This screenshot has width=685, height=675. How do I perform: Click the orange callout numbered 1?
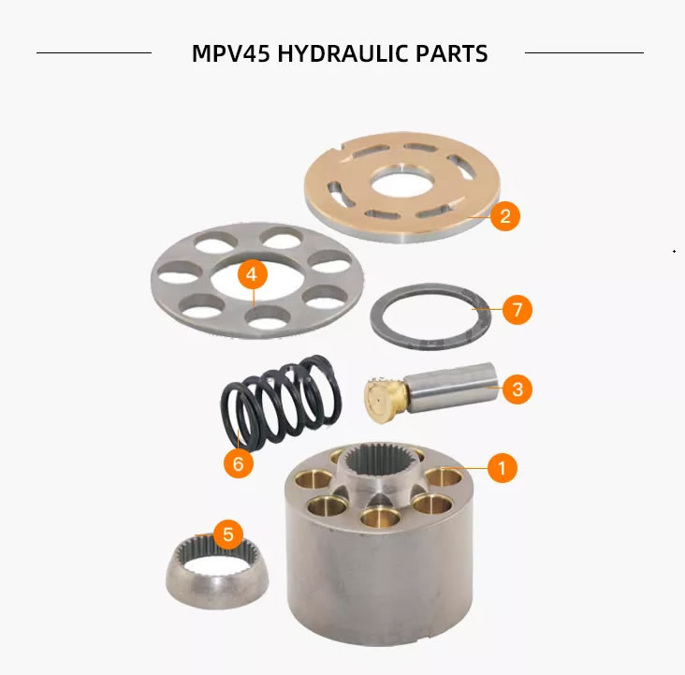click(x=502, y=468)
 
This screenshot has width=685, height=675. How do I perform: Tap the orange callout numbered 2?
click(x=505, y=216)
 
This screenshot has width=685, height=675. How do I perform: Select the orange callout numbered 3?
click(x=517, y=389)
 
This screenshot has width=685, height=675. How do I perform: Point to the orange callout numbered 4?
click(x=252, y=274)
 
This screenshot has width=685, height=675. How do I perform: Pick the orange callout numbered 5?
click(x=228, y=535)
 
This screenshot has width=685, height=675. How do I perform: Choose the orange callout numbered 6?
click(x=238, y=463)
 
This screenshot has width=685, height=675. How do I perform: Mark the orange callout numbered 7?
click(x=517, y=310)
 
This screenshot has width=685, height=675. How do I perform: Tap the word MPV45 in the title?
click(x=230, y=53)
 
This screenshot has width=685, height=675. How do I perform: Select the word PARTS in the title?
click(x=451, y=53)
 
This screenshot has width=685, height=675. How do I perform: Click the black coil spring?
click(x=282, y=402)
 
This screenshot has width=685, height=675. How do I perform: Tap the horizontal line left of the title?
click(x=94, y=53)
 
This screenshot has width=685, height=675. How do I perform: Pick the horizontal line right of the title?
click(x=584, y=53)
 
